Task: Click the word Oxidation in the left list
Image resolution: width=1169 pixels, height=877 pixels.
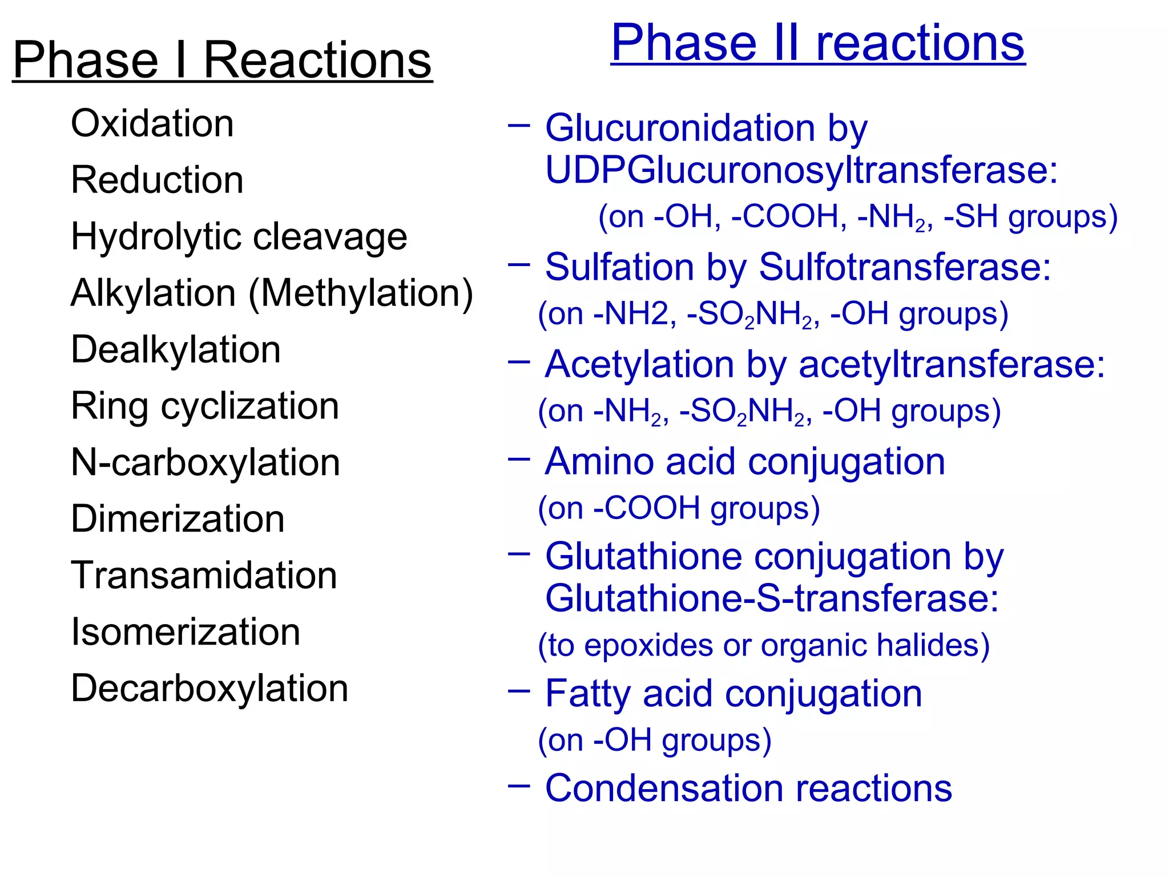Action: (x=152, y=123)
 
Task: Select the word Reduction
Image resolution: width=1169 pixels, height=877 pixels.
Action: (x=157, y=180)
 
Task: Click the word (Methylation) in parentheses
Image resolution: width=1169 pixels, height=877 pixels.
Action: (x=361, y=293)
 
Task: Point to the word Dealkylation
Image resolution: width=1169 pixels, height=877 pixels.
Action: (x=176, y=349)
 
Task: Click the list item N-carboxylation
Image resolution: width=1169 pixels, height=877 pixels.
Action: (x=205, y=462)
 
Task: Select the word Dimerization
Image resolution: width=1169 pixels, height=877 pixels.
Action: (x=178, y=519)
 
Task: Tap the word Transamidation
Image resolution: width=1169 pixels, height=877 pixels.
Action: (x=204, y=575)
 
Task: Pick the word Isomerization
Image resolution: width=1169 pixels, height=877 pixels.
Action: (x=186, y=632)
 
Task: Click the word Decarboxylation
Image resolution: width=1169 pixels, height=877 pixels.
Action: (x=209, y=688)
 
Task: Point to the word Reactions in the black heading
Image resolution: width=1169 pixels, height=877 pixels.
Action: (x=317, y=61)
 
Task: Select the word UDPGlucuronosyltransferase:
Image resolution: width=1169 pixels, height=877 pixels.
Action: (x=801, y=170)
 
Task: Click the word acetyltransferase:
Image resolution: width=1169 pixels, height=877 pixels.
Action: (x=952, y=364)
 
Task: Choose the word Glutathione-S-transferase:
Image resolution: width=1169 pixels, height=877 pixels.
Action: (x=772, y=598)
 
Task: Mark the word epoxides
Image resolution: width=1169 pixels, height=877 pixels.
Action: (x=648, y=646)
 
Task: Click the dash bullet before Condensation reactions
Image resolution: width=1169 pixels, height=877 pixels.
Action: (x=519, y=786)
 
